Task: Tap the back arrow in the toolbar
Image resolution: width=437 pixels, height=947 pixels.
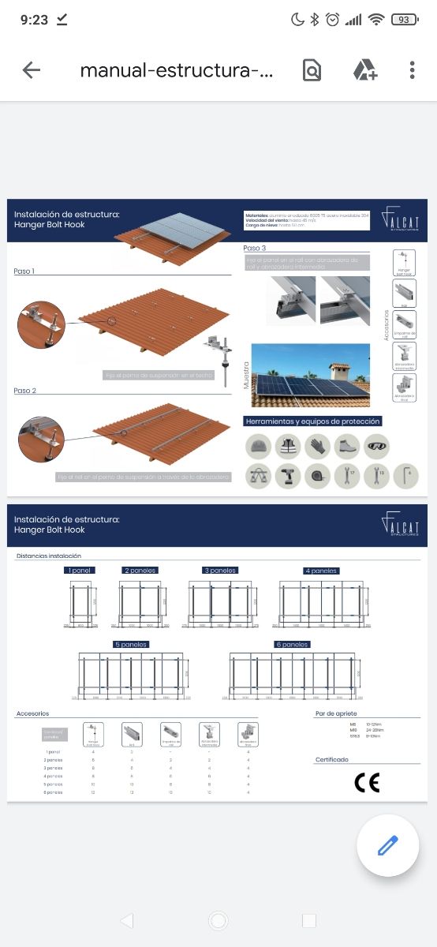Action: click(x=32, y=70)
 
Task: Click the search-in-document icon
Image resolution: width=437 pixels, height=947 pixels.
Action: click(x=312, y=70)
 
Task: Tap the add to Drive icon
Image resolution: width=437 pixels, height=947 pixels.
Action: click(x=364, y=70)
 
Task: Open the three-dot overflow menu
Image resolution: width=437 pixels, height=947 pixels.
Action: click(x=412, y=70)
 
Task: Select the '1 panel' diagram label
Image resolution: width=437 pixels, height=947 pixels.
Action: click(x=80, y=570)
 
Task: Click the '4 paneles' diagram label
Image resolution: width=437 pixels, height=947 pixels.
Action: click(x=321, y=571)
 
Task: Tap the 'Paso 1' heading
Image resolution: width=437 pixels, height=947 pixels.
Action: click(x=24, y=271)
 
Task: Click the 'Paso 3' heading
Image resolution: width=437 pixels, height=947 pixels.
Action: click(x=255, y=249)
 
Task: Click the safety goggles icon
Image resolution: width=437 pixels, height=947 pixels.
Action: click(x=378, y=447)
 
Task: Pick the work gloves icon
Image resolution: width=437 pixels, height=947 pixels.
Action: click(x=317, y=447)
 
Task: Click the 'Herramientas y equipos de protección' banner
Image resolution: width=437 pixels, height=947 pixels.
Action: click(x=313, y=421)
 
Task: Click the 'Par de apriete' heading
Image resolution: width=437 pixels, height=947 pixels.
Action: click(x=335, y=713)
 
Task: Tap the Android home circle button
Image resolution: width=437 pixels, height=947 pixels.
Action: click(x=218, y=920)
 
